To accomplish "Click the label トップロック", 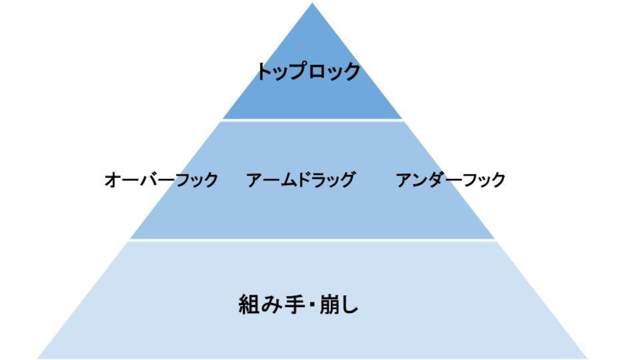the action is point(309,71).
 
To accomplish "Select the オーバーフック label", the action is point(161,180).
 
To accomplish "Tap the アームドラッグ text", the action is point(301,179).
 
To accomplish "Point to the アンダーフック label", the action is point(451,179).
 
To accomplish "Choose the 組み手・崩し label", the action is point(298,304).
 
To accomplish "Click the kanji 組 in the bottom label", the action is point(248,304).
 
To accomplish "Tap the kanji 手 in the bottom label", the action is point(294,304).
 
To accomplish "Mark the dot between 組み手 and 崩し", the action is point(312,305).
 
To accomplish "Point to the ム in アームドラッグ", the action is point(289,180).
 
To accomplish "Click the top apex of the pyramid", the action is point(312,3).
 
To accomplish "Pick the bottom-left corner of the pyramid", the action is point(37,358).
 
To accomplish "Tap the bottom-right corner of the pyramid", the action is point(587,358).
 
